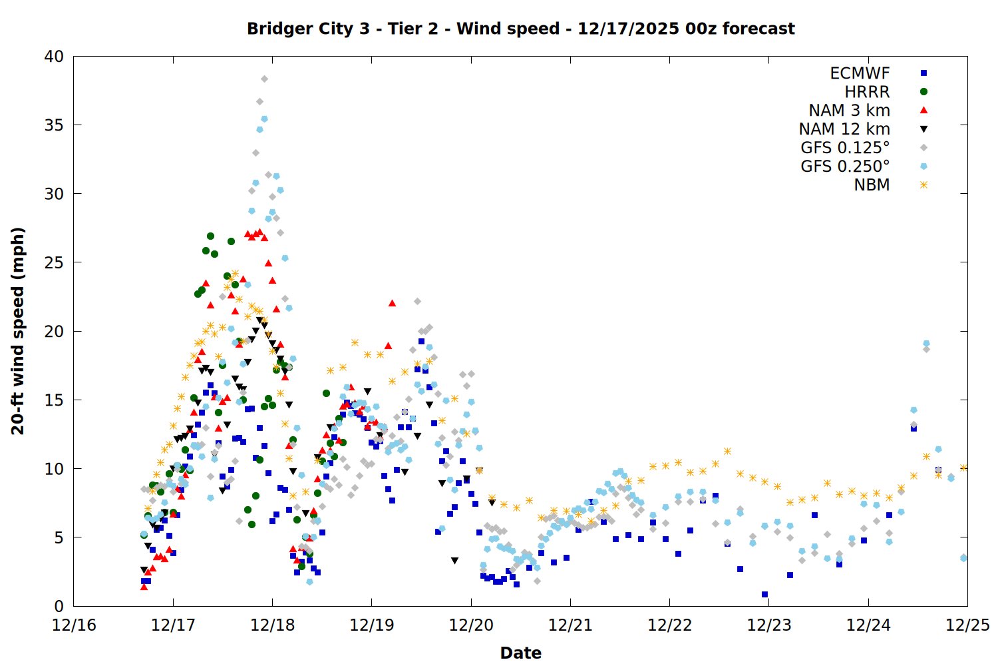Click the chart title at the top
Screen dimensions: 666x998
click(520, 29)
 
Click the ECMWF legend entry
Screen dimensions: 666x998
click(860, 73)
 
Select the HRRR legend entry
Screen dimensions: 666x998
click(867, 92)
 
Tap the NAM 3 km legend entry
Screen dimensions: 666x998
click(849, 111)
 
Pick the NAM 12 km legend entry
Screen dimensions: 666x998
click(844, 129)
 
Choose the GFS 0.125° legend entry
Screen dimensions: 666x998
click(845, 148)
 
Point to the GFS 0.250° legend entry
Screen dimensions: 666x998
click(845, 166)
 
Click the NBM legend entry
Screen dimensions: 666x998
click(872, 185)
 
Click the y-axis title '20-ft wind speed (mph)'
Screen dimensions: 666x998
click(18, 331)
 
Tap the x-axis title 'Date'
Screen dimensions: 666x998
click(520, 653)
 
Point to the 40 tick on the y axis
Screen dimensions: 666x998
click(54, 57)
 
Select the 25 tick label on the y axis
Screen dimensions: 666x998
click(54, 262)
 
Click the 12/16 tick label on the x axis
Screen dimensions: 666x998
click(74, 625)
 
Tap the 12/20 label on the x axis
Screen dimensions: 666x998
click(471, 625)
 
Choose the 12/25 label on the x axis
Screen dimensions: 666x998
click(967, 625)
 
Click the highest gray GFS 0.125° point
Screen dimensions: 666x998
click(264, 79)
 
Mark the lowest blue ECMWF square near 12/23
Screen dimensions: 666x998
click(764, 594)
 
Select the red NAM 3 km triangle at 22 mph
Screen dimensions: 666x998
click(392, 303)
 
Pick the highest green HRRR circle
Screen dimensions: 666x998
click(210, 236)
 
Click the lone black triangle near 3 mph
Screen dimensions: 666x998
click(454, 561)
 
